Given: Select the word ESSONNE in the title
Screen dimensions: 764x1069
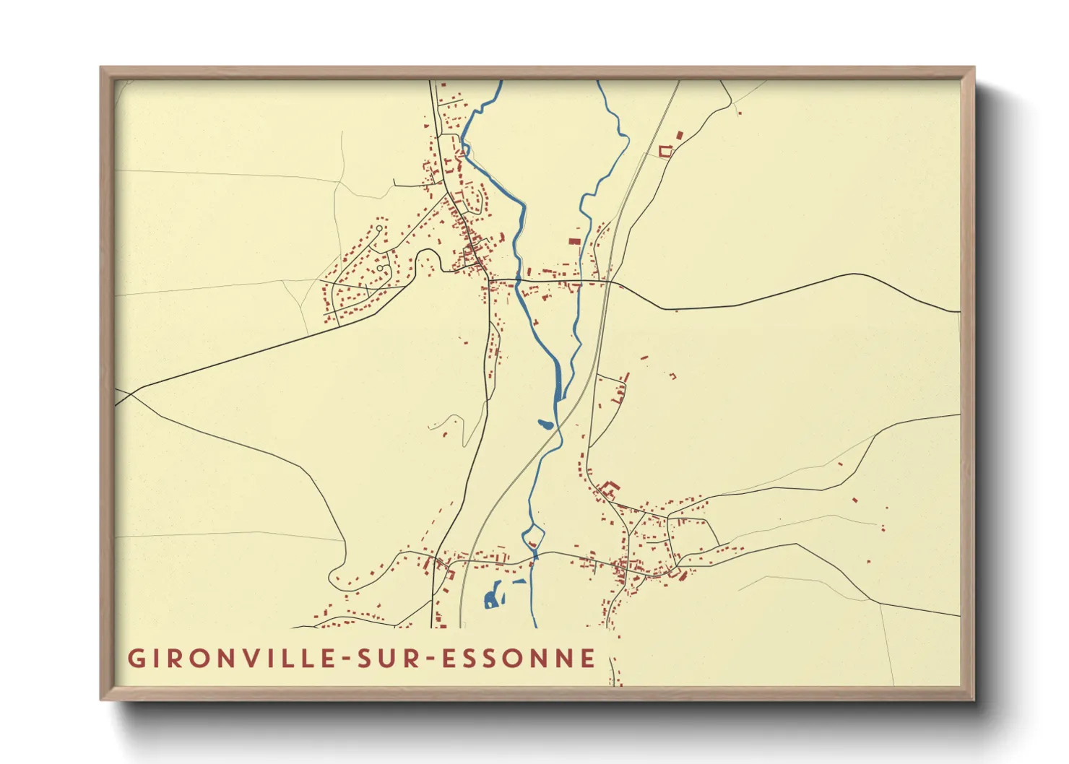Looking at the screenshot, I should tap(519, 658).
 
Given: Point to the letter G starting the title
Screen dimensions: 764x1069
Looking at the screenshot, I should tap(135, 658).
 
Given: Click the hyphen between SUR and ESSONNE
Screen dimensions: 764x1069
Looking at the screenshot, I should tap(427, 659).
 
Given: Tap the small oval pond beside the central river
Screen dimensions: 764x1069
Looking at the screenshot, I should tap(546, 424).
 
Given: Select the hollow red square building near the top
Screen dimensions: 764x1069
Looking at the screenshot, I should tap(665, 151).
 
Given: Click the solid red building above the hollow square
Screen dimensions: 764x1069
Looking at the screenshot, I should tap(679, 134).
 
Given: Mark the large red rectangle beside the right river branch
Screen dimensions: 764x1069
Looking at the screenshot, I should tap(574, 241).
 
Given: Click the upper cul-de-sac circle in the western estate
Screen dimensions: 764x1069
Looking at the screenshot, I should tap(379, 228).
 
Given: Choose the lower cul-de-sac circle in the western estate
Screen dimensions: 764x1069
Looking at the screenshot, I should tap(380, 267).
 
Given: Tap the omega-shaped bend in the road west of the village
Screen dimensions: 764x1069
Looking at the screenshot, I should tap(427, 257).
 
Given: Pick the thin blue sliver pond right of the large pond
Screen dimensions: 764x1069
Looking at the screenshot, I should tap(519, 581).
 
